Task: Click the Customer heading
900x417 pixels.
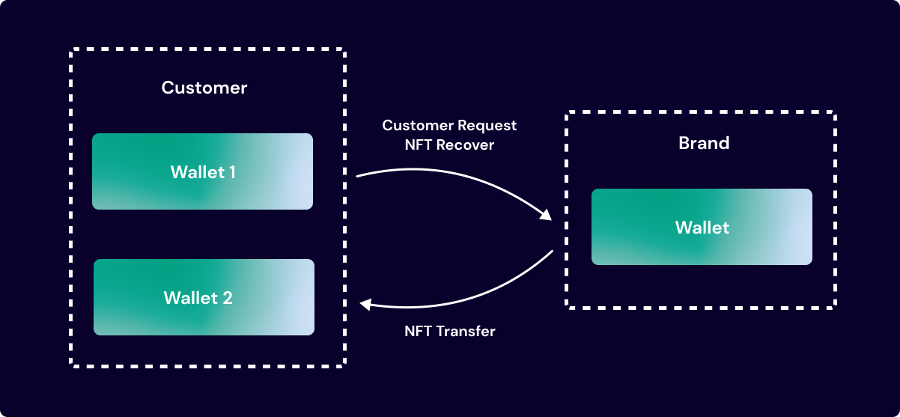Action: pyautogui.click(x=204, y=88)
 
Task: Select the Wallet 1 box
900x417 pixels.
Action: pyautogui.click(x=202, y=171)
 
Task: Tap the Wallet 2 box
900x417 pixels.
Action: pyautogui.click(x=204, y=297)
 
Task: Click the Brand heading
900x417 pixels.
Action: pyautogui.click(x=703, y=143)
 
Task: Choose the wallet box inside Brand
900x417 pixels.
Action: pyautogui.click(x=702, y=227)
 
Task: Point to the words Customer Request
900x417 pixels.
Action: pyautogui.click(x=449, y=125)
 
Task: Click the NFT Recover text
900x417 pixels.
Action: pyautogui.click(x=449, y=144)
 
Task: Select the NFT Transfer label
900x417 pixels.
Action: pyautogui.click(x=449, y=330)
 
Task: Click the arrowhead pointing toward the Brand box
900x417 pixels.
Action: pyautogui.click(x=546, y=214)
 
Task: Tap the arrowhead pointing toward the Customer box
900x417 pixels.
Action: pyautogui.click(x=365, y=303)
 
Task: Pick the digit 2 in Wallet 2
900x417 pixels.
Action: pyautogui.click(x=227, y=298)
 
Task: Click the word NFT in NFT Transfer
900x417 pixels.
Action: pyautogui.click(x=417, y=330)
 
